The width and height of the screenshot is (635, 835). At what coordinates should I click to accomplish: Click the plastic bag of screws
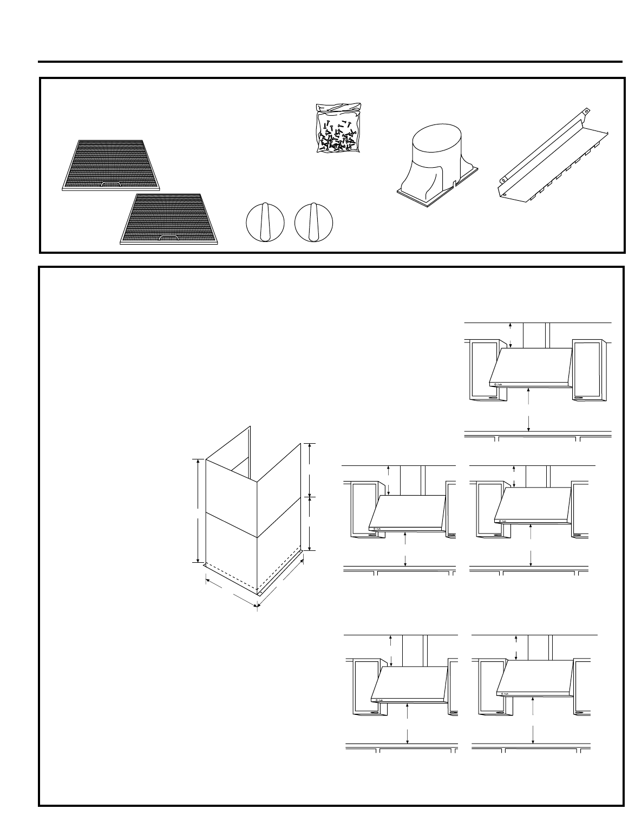[338, 129]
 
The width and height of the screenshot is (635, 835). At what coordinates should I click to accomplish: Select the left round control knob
[265, 222]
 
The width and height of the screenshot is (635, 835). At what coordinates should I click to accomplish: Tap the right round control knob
[313, 222]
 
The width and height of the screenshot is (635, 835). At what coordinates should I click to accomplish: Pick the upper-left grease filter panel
[111, 163]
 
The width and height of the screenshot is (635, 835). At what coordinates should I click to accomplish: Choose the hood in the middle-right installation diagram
[533, 503]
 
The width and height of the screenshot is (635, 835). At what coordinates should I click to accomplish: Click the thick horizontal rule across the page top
[330, 62]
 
